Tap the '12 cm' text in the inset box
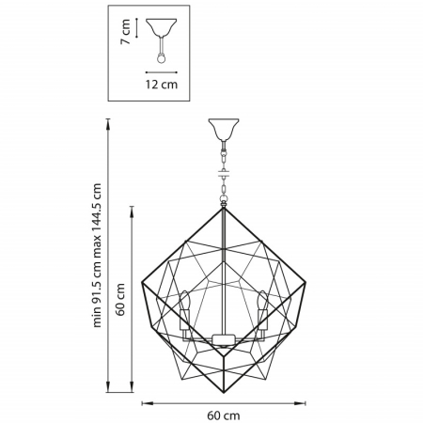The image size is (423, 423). coord(164,85)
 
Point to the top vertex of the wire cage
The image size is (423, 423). coord(223,208)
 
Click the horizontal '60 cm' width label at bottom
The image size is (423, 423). coord(223,415)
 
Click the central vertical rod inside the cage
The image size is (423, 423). coord(223,273)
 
